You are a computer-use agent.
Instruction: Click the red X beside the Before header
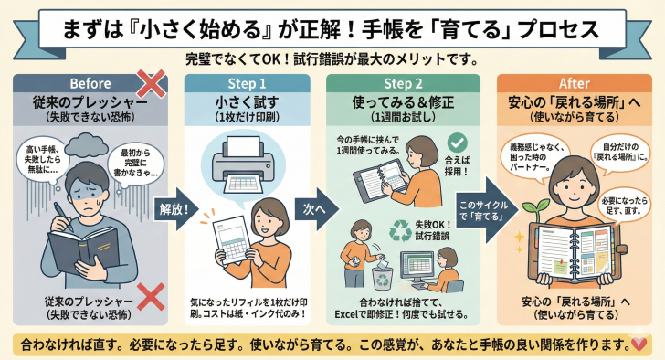(151, 84)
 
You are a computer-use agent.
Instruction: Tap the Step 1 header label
(247, 83)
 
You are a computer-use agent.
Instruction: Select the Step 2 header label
(403, 83)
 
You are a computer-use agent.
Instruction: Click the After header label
(575, 83)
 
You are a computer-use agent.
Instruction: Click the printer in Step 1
(243, 164)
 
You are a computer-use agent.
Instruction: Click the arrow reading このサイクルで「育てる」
(487, 210)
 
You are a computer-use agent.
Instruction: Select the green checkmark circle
(457, 143)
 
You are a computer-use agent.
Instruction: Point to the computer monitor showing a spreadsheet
(417, 267)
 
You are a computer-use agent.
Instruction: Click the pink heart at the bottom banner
(639, 344)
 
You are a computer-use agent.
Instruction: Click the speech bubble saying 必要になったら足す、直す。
(623, 206)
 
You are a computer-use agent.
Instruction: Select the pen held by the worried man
(63, 217)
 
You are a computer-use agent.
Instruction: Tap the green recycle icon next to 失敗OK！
(400, 230)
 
